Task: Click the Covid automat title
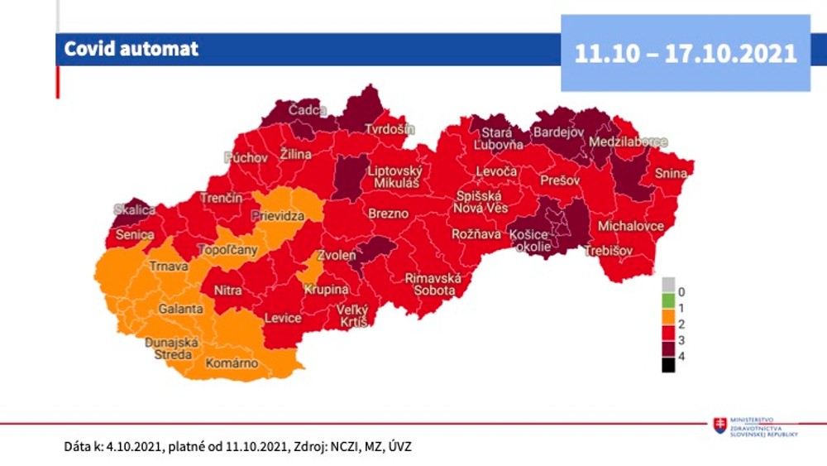(132, 49)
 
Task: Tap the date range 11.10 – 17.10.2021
(686, 53)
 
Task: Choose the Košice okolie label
(529, 242)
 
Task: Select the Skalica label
(135, 209)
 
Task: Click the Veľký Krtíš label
(351, 315)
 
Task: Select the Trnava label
(169, 267)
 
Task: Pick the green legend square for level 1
(667, 307)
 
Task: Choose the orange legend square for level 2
(667, 323)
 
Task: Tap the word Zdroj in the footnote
(306, 447)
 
